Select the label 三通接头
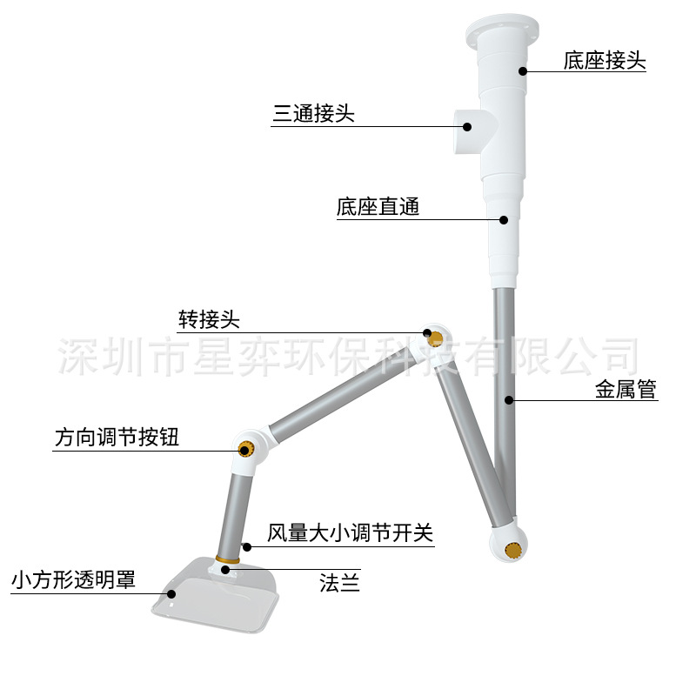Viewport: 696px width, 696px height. pyautogui.click(x=314, y=114)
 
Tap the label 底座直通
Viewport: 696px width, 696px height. pyautogui.click(x=378, y=208)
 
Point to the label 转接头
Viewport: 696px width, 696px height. pyautogui.click(x=209, y=319)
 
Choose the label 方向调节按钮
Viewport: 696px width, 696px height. pyautogui.click(x=117, y=438)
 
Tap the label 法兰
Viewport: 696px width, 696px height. pyautogui.click(x=339, y=584)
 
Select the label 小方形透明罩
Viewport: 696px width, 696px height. pyautogui.click(x=73, y=580)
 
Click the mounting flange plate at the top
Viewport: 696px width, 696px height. pyautogui.click(x=503, y=30)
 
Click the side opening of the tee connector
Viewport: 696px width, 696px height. pyautogui.click(x=464, y=131)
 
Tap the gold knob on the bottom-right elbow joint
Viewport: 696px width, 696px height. pyautogui.click(x=513, y=549)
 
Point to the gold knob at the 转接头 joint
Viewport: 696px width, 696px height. pyautogui.click(x=435, y=337)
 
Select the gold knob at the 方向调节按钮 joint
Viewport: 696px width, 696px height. pyautogui.click(x=246, y=449)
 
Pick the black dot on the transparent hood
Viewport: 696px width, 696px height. pyautogui.click(x=171, y=594)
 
